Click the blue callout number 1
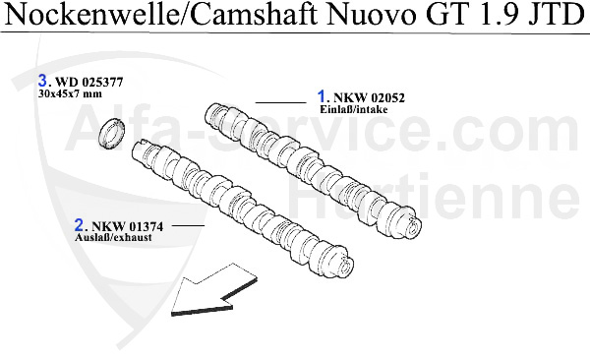click(321, 96)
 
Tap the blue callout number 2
click(80, 225)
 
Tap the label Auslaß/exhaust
click(114, 238)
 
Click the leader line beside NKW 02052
click(280, 102)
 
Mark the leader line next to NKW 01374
click(188, 227)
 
